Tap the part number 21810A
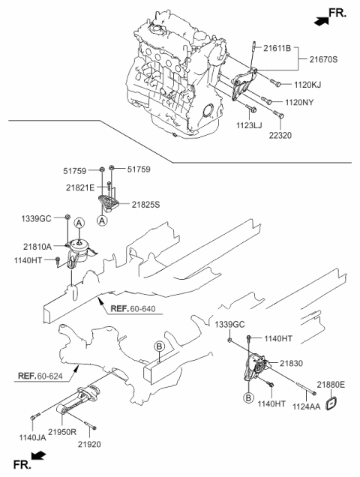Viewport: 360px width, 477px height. pos(37,244)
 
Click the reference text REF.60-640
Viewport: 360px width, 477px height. pos(132,308)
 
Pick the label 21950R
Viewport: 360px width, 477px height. pos(64,433)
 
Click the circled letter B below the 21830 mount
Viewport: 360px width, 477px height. pos(247,397)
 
